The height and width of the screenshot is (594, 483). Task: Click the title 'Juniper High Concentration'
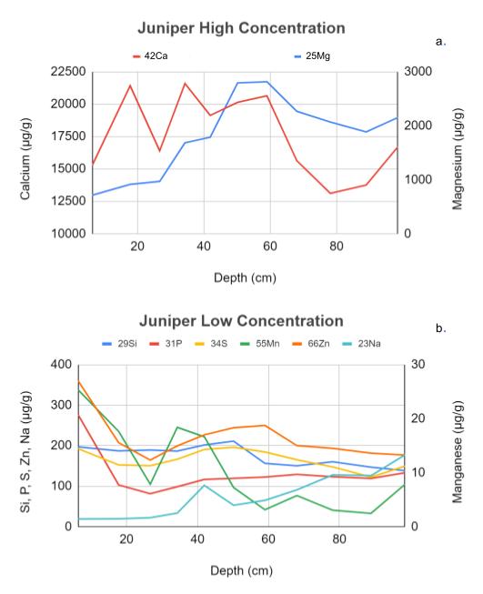241,28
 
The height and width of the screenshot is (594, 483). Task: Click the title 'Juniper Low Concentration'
241,321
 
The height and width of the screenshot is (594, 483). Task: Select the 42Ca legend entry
150,56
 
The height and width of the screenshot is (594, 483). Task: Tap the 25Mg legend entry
312,56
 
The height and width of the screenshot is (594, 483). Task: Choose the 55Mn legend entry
260,344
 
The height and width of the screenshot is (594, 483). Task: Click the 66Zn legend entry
311,344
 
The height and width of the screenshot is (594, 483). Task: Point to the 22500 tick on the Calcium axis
68,72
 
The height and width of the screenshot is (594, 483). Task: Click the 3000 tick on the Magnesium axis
418,72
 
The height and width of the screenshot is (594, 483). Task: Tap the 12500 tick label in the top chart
68,201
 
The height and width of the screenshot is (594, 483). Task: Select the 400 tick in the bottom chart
61,365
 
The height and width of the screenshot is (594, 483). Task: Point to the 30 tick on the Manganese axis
418,365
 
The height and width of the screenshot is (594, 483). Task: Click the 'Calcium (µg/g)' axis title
25,159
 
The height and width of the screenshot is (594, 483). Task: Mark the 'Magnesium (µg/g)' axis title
458,159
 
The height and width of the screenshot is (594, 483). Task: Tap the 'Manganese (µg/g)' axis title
458,451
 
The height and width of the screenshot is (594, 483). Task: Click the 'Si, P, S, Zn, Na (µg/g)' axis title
25,451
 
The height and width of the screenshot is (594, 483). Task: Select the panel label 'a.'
440,42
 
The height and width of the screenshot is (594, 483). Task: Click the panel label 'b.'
440,328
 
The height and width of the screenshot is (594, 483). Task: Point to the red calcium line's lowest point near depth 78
330,193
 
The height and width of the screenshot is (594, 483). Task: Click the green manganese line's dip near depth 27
150,484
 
